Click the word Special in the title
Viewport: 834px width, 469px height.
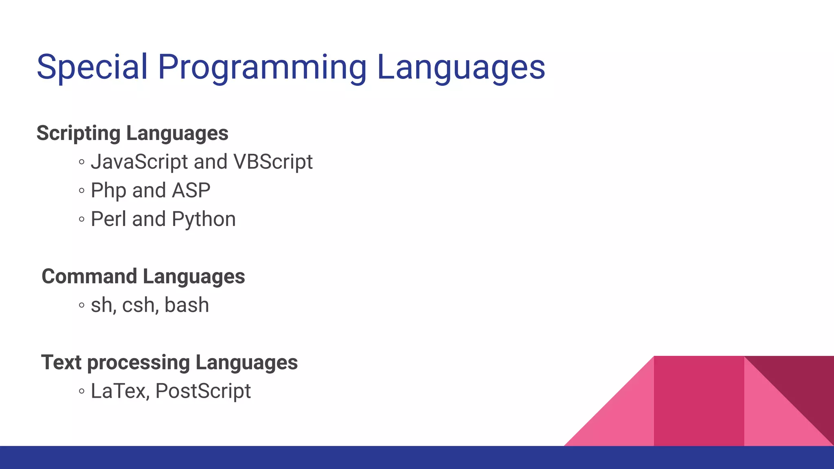(92, 67)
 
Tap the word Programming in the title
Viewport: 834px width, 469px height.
(262, 67)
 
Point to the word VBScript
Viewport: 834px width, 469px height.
(273, 162)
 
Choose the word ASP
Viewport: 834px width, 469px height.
(191, 191)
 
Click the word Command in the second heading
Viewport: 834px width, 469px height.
(89, 276)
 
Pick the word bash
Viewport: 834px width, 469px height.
(187, 305)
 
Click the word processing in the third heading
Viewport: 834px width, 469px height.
(138, 363)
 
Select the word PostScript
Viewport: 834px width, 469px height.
(203, 391)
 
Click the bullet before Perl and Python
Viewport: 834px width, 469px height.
(82, 219)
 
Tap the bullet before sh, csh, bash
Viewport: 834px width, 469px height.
(82, 305)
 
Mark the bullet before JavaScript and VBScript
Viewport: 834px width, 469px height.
(82, 162)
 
